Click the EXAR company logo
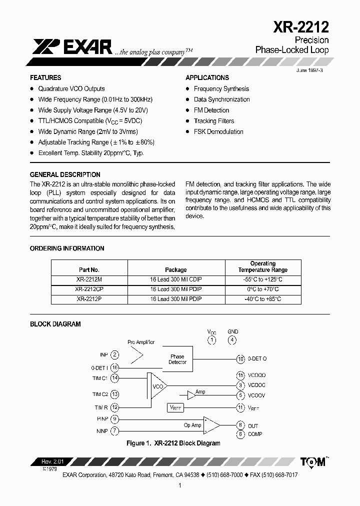click(x=72, y=46)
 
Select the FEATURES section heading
click(x=45, y=78)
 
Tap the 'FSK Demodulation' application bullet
click(x=218, y=132)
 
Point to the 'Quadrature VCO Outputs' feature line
click(x=71, y=88)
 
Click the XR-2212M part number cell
click(x=89, y=279)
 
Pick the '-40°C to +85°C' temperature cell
click(x=263, y=299)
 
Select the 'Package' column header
click(x=176, y=269)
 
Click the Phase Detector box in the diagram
click(x=177, y=359)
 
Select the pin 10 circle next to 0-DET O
click(x=240, y=359)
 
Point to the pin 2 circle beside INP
click(x=115, y=354)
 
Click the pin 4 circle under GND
click(x=232, y=340)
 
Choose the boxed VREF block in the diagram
click(x=175, y=408)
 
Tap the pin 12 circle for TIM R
click(x=115, y=407)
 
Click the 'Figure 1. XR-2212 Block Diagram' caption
click(x=173, y=443)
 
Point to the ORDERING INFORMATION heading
click(x=67, y=248)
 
